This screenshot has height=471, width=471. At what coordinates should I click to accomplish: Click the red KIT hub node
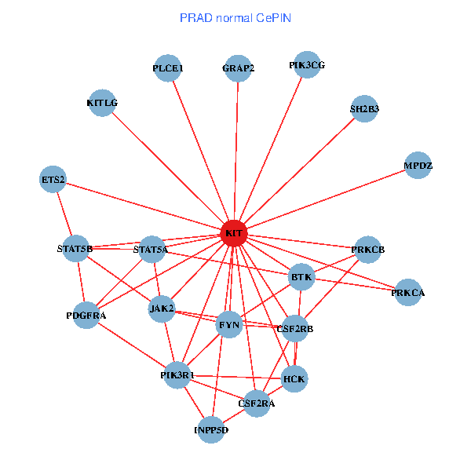pos(234,233)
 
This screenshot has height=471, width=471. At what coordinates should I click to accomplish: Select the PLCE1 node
pos(168,68)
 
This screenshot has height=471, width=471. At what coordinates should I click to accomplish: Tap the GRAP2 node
pos(238,68)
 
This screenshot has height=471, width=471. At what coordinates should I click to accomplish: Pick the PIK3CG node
pos(306,65)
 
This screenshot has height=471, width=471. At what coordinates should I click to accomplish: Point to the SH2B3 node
pos(364,109)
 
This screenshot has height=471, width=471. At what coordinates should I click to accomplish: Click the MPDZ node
pos(418,166)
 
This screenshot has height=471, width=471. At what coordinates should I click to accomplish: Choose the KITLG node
pos(103,103)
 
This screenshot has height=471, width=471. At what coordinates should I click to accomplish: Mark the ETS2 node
pos(53,180)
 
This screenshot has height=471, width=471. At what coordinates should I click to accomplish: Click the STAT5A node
pos(152,250)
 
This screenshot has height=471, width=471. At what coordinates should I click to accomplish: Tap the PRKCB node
pos(368,250)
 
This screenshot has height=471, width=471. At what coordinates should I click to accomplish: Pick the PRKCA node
pos(408,293)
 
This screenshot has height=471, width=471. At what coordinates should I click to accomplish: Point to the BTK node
pos(302,277)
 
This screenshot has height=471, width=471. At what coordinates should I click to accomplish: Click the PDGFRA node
pos(86,315)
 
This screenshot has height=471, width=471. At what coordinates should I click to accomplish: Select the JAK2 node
pos(162,308)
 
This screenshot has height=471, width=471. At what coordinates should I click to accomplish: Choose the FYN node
pos(228,324)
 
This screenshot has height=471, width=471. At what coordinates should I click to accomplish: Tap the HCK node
pos(294,379)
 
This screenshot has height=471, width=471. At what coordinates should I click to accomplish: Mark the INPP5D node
pos(210,429)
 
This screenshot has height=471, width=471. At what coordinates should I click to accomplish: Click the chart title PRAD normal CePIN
pos(235,17)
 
